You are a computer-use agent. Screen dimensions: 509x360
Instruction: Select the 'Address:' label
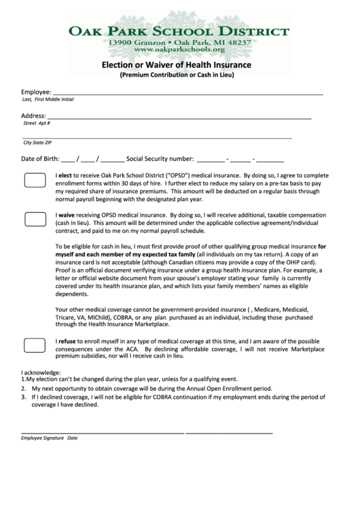[34, 116]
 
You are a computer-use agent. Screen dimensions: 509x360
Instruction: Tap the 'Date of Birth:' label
[40, 160]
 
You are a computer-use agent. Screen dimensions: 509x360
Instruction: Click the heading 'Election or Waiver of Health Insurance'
[177, 65]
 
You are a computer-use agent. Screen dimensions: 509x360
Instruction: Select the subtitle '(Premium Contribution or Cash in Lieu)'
[177, 75]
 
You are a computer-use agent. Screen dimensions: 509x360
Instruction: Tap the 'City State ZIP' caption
[37, 143]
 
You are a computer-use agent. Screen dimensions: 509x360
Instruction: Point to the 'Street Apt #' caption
[37, 123]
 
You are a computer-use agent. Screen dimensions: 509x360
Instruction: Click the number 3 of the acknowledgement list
[23, 396]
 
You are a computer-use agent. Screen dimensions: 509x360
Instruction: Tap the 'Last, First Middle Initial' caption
[48, 99]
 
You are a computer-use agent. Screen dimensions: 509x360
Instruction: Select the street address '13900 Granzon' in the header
[135, 42]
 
